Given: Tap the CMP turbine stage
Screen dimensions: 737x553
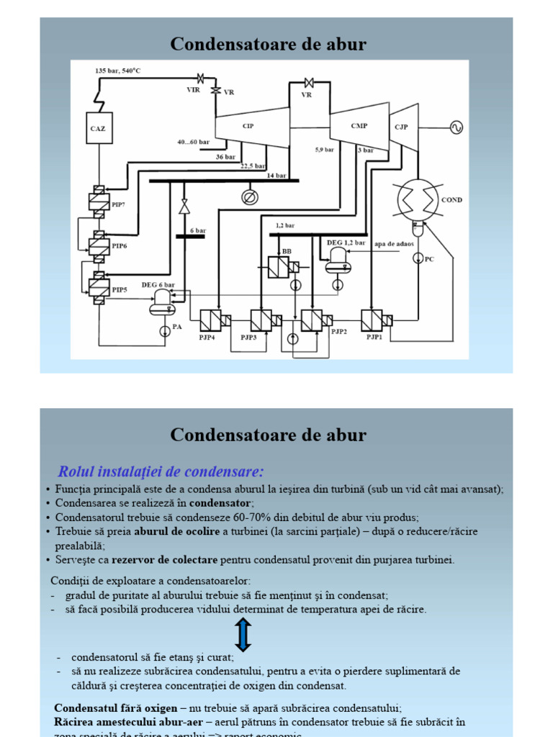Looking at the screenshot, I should pos(359,126).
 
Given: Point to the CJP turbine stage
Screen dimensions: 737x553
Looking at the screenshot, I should pos(403,127).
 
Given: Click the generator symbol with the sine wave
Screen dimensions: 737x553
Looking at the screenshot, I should pos(456,127).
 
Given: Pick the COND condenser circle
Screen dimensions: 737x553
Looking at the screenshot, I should pos(417,199).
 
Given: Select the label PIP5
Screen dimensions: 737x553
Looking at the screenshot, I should pos(120,289).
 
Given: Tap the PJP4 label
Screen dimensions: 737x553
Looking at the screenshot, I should pos(207,337).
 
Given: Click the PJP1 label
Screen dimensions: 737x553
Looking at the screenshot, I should pos(374,337).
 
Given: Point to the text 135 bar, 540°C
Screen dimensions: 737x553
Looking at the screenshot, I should pos(117,71).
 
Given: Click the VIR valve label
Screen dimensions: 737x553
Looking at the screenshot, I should pos(193,90).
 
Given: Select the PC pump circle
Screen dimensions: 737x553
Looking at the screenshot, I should pos(418,258).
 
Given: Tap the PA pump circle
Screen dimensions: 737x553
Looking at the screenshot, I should pos(165,328).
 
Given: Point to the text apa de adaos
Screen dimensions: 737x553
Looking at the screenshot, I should pos(395,244).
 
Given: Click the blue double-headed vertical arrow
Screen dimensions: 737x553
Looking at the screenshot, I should pos(243,636).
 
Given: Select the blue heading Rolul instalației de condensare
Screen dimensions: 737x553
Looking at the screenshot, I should pos(161,472).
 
